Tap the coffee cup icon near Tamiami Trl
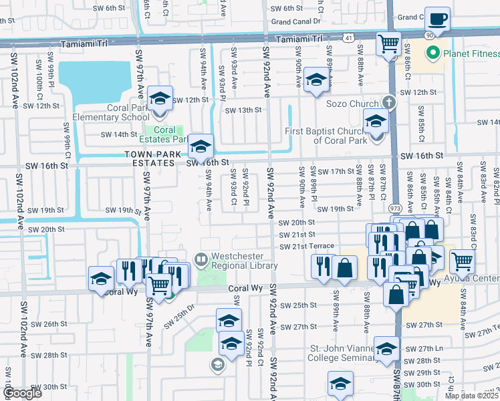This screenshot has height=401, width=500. pos(437,19)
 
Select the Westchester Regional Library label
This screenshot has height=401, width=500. pos(244,261)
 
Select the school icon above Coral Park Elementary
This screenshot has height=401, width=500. pos(160,99)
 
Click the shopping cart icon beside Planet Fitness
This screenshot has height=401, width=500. pos(388,45)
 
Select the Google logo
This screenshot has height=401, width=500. pos(23,393)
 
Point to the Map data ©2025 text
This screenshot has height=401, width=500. pos(471,396)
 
